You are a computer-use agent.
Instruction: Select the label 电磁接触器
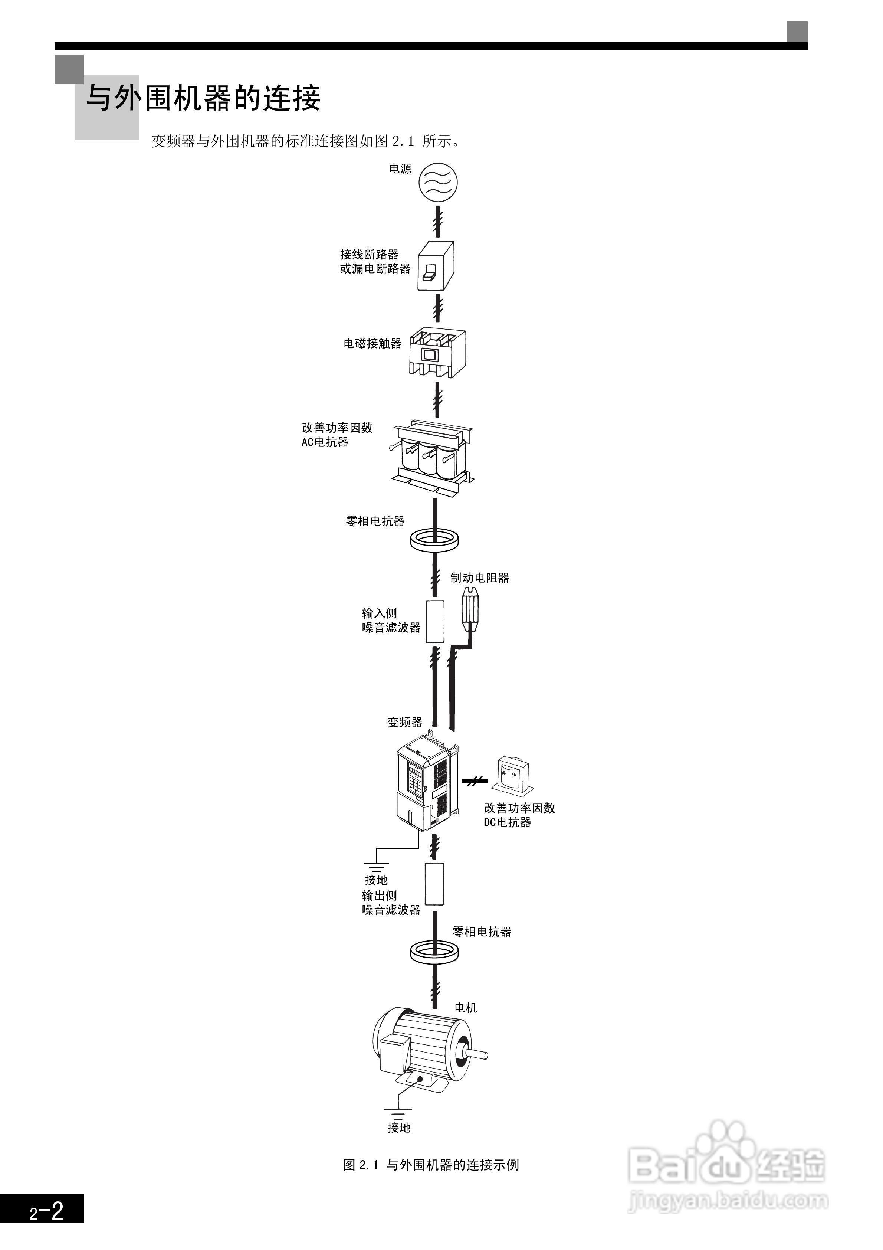(372, 344)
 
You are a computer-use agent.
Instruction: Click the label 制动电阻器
(480, 577)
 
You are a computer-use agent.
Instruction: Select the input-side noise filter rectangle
(434, 622)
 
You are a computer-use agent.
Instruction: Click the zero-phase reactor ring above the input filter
(434, 541)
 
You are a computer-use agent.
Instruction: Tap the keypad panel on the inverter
(417, 782)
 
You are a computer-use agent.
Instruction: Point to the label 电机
(466, 1008)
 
